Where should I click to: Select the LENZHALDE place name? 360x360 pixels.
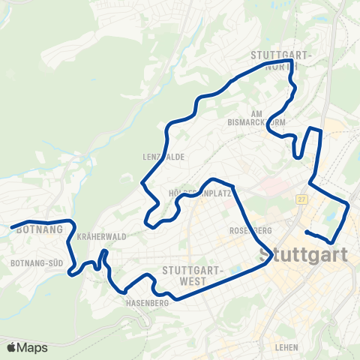pyautogui.click(x=163, y=157)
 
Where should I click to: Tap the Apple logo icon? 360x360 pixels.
pyautogui.click(x=12, y=347)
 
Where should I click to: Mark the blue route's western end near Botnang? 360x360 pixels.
pyautogui.click(x=11, y=226)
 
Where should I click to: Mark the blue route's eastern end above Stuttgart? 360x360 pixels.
pyautogui.click(x=307, y=232)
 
